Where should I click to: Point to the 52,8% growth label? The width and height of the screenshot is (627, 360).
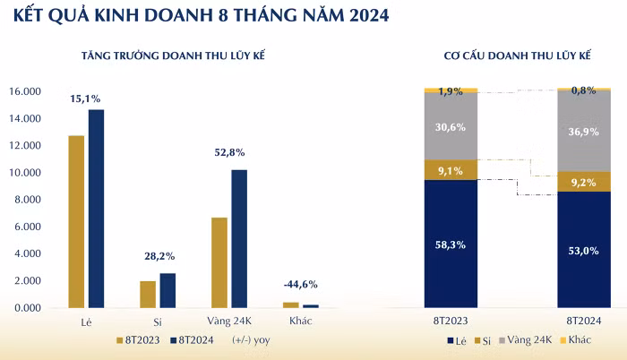[229, 152]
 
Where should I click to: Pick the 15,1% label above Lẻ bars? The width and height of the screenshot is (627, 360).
[85, 99]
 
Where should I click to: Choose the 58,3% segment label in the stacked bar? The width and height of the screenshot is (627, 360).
[451, 244]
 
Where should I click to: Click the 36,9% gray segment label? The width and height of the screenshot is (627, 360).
[583, 132]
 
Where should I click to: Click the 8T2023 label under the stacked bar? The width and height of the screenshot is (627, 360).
[451, 319]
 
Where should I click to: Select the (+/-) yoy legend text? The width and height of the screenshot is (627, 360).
[250, 339]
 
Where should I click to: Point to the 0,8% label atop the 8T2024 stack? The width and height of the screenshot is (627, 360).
[583, 90]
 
